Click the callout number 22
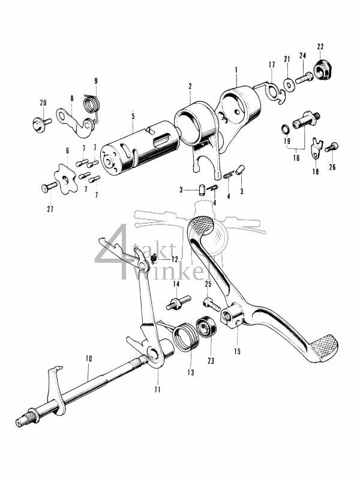point(320,47)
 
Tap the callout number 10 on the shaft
point(88,359)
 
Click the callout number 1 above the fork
point(236,70)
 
